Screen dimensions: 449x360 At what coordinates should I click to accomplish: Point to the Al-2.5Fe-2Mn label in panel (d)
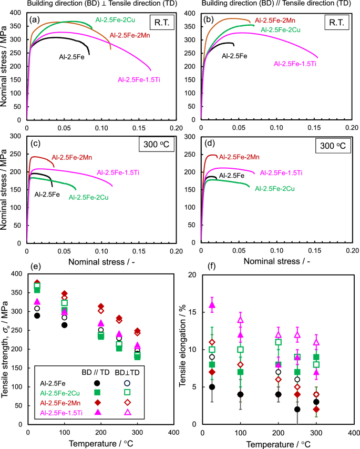(x=239, y=157)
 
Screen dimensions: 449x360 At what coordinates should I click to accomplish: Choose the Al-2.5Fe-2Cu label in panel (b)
(x=282, y=29)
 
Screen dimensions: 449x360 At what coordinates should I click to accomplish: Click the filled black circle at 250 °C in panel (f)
(x=297, y=409)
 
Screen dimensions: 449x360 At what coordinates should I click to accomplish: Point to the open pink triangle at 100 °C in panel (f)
(x=241, y=320)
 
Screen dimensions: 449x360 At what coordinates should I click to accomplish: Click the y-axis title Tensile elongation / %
(x=183, y=349)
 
